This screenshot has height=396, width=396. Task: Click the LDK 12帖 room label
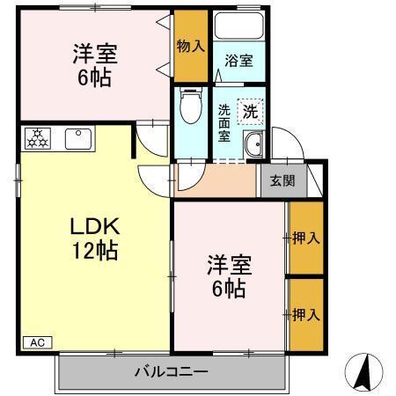[94, 237]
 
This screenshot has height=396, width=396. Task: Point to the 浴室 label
[238, 62]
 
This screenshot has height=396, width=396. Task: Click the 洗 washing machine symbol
[250, 112]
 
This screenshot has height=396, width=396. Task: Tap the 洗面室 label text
[224, 123]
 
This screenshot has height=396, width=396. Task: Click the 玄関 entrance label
[282, 181]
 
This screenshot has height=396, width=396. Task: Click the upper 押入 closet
[305, 238]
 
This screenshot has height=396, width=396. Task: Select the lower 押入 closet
[305, 313]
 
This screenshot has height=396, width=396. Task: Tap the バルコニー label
[172, 371]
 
